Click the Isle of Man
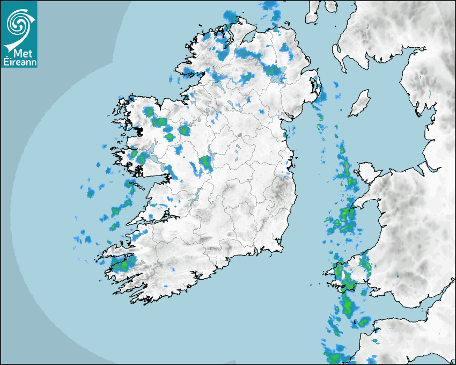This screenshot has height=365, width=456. tap(360, 103)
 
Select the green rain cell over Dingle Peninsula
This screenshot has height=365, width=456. tap(121, 264)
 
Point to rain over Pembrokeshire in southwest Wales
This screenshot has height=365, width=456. tap(349, 279)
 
